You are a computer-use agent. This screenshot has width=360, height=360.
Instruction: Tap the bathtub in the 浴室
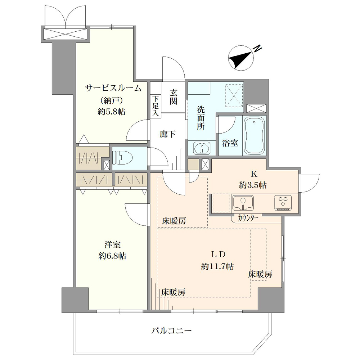pyautogui.click(x=254, y=136)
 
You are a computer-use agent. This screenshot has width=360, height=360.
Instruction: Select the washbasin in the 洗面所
pyautogui.click(x=202, y=148)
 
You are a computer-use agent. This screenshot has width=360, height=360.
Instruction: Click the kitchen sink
pyautogui.click(x=243, y=203)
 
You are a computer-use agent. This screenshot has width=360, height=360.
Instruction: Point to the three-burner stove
pyautogui.click(x=283, y=203)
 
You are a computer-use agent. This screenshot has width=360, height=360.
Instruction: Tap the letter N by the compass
pyautogui.click(x=258, y=48)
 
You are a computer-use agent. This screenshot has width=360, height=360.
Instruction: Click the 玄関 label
pyautogui.click(x=174, y=96)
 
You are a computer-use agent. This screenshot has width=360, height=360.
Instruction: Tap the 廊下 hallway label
pyautogui.click(x=168, y=134)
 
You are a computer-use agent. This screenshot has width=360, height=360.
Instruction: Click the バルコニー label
pyautogui.click(x=171, y=331)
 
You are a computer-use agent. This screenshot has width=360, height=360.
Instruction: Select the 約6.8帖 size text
pyautogui.click(x=112, y=256)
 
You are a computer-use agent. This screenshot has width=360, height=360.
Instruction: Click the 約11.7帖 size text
pyautogui.click(x=217, y=266)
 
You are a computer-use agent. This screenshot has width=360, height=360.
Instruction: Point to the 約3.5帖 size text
pyautogui.click(x=253, y=185)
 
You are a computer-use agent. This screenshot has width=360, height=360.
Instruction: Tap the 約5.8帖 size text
pyautogui.click(x=112, y=112)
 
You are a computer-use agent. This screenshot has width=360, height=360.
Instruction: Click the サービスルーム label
pyautogui.click(x=113, y=88)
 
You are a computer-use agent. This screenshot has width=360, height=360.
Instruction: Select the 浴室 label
pyautogui.click(x=230, y=143)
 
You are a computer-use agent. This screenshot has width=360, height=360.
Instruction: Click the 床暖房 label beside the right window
pyautogui.click(x=260, y=274)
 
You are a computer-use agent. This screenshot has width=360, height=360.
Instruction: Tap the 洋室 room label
pyautogui.click(x=112, y=245)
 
